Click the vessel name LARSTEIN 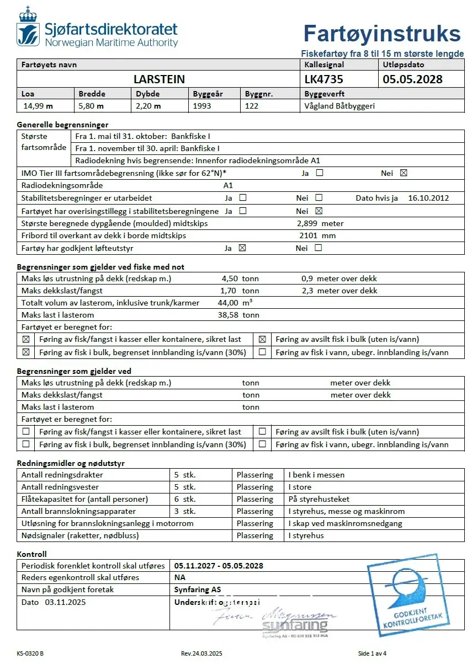click(x=159, y=79)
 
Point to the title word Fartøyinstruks click(x=381, y=34)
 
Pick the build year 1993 click(x=202, y=106)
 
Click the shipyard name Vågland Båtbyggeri click(x=340, y=106)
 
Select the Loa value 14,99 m click(x=37, y=106)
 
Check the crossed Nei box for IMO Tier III click(x=404, y=173)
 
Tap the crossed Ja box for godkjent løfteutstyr click(x=242, y=248)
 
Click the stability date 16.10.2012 click(x=428, y=198)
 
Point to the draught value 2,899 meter click(x=320, y=223)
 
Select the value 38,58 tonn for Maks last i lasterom click(x=238, y=315)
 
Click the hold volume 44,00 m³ click(x=241, y=303)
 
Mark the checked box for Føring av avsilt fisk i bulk click(x=262, y=340)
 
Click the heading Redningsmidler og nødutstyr click(x=71, y=463)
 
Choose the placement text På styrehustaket click(x=319, y=499)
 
